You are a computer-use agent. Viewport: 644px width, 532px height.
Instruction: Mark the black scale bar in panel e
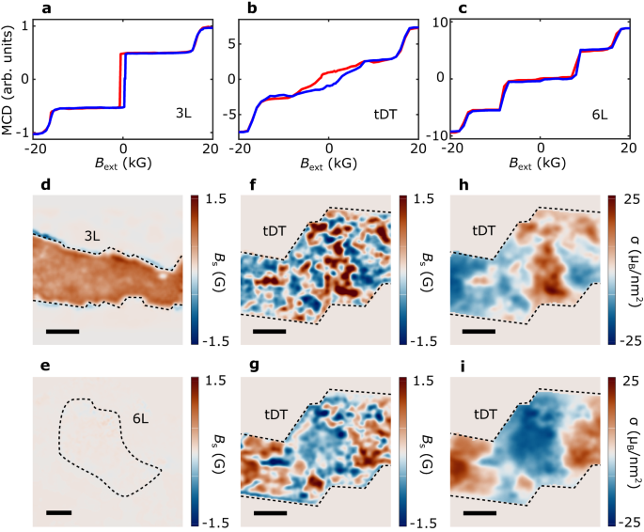coord(58,512)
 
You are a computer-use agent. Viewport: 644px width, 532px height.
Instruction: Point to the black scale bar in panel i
coord(479,512)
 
